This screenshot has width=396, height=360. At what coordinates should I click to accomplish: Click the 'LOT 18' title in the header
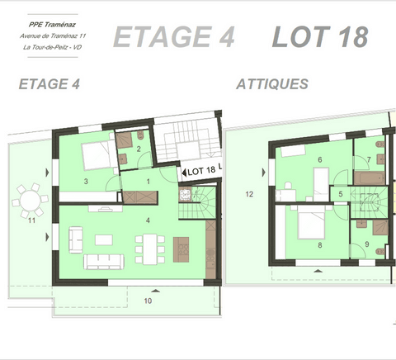tap(319, 36)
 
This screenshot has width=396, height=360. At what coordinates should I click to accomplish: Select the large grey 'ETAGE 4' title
tap(173, 36)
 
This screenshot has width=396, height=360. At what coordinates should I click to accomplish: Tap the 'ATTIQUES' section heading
tap(272, 84)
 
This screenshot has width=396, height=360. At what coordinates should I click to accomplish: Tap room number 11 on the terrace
tap(31, 220)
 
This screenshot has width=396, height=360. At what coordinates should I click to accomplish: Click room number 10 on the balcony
tap(148, 301)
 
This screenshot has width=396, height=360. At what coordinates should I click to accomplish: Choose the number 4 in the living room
tap(148, 220)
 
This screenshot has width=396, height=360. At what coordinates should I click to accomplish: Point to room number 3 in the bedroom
tap(86, 180)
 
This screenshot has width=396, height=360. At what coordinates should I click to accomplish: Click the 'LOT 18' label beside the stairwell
tap(202, 171)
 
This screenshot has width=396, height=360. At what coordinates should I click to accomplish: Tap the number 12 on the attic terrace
tap(249, 195)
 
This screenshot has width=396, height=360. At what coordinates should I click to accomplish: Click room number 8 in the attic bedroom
tap(318, 244)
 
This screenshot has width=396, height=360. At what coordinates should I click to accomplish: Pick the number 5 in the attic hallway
tap(340, 194)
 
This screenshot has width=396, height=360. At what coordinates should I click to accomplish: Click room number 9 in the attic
tap(366, 244)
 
